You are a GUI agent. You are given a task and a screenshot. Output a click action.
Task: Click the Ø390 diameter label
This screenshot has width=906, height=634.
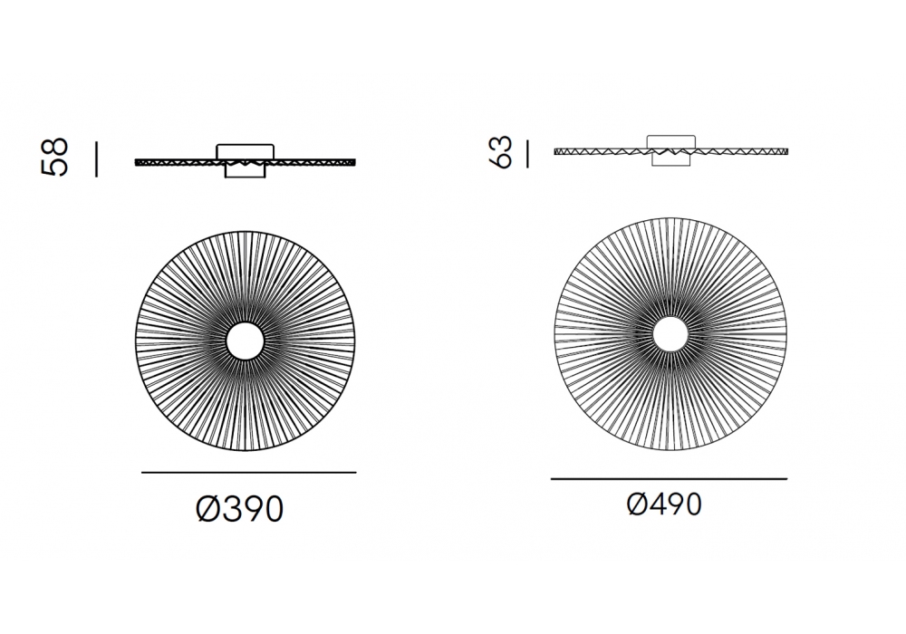click(x=240, y=508)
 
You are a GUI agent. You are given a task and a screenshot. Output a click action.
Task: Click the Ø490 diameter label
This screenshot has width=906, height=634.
click(x=664, y=504)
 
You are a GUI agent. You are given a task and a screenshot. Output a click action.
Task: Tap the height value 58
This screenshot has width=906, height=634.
click(x=55, y=157)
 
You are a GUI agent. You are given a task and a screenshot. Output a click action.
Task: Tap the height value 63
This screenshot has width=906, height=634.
click(x=500, y=152)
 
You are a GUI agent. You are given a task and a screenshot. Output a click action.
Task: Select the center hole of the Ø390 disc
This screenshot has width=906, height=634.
click(x=245, y=341)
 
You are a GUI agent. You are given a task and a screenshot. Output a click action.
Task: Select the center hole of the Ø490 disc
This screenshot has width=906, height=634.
click(x=670, y=334)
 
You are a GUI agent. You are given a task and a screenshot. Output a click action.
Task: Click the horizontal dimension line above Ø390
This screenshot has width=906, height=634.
click(x=249, y=472)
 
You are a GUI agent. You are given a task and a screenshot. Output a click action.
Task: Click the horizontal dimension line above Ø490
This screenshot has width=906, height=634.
click(x=670, y=479)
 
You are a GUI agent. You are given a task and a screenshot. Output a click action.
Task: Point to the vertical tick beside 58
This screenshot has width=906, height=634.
click(x=97, y=159)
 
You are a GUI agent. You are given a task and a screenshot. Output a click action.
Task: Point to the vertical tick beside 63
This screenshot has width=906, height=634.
click(x=527, y=154)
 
